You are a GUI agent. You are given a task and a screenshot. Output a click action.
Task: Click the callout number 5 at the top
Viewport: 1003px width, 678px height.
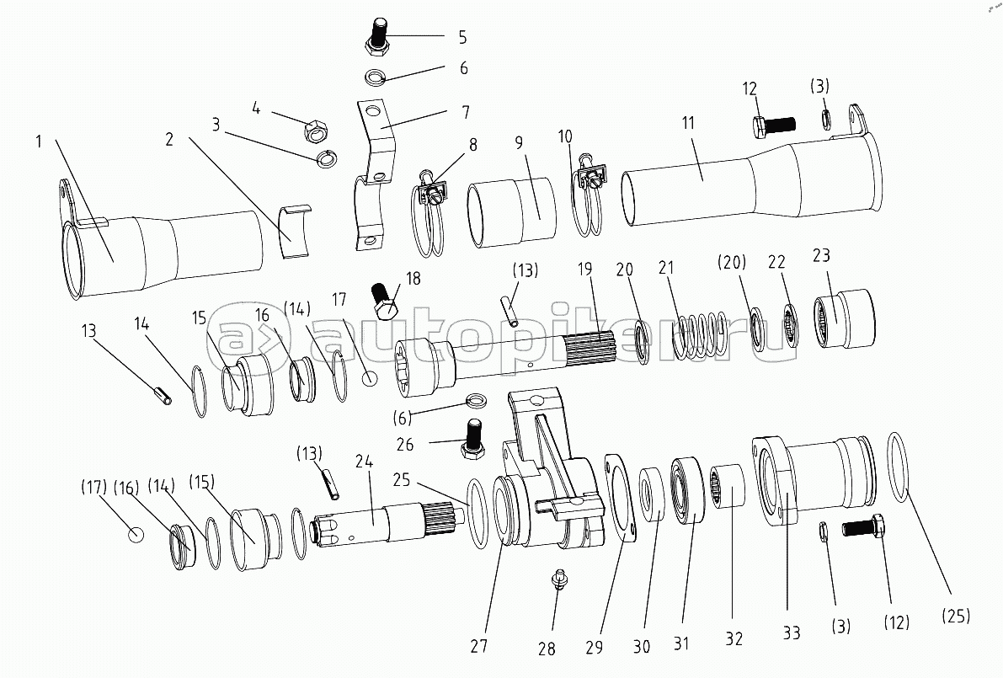(461, 37)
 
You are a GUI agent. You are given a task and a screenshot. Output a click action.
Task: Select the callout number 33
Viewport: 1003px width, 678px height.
(791, 633)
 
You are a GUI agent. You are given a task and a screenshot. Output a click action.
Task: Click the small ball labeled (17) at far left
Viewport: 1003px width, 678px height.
(136, 535)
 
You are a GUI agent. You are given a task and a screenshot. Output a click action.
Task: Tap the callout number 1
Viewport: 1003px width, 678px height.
(39, 142)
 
